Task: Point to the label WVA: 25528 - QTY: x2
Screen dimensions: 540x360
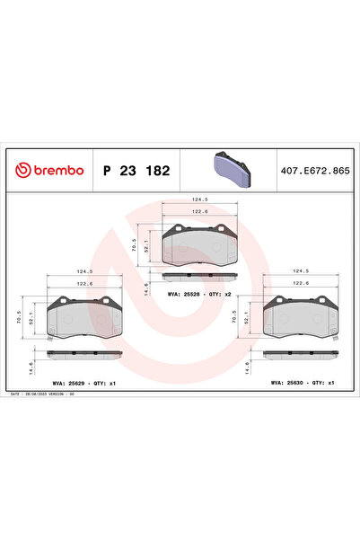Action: [199, 293]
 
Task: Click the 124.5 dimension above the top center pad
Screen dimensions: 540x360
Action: [199, 201]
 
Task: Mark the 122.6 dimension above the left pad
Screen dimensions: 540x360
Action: [85, 283]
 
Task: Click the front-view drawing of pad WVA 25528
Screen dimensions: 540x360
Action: [199, 242]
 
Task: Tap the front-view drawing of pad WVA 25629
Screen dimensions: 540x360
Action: [85, 317]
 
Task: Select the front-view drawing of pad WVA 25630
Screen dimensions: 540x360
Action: [302, 317]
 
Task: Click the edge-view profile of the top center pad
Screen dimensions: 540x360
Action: [199, 276]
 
